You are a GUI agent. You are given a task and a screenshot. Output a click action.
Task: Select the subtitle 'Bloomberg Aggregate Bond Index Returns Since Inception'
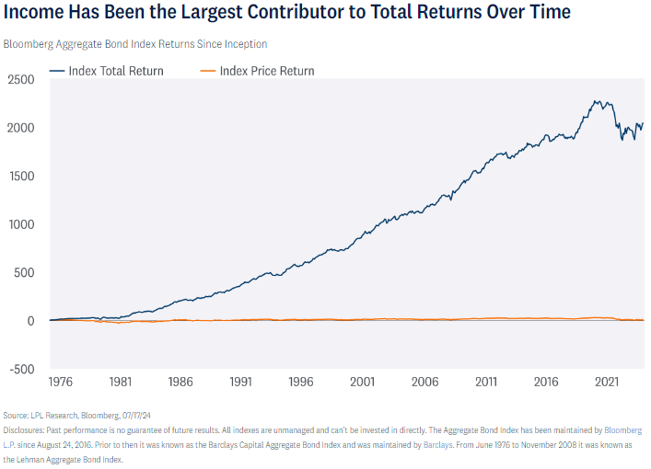click(136, 44)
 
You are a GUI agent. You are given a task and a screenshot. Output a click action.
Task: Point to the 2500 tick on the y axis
click(19, 80)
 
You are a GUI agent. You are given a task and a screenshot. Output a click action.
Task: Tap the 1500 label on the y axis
click(19, 177)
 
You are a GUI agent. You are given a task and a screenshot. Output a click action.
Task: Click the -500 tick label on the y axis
click(19, 370)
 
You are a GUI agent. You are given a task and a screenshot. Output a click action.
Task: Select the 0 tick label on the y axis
click(30, 321)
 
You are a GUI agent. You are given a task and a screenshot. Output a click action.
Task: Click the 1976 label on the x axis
click(62, 381)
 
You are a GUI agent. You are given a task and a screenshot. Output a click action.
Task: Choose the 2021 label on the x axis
click(606, 381)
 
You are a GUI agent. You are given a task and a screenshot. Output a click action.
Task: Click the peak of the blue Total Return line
click(597, 101)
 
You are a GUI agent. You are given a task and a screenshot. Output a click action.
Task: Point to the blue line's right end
click(643, 123)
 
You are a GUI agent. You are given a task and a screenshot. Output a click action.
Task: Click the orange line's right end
click(643, 320)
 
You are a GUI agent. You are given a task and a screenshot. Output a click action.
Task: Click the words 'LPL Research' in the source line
click(53, 416)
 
